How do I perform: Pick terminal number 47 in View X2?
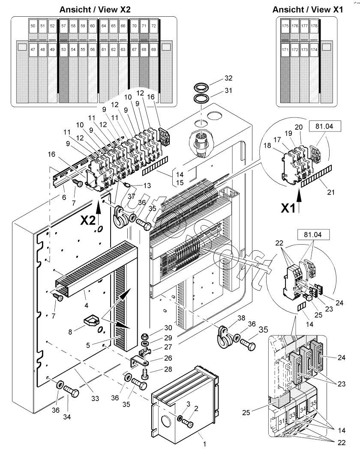click(33, 49)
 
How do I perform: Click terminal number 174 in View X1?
click(314, 50)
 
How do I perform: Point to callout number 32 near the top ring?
click(228, 79)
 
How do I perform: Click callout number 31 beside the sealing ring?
click(228, 90)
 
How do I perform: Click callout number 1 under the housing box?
click(199, 439)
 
